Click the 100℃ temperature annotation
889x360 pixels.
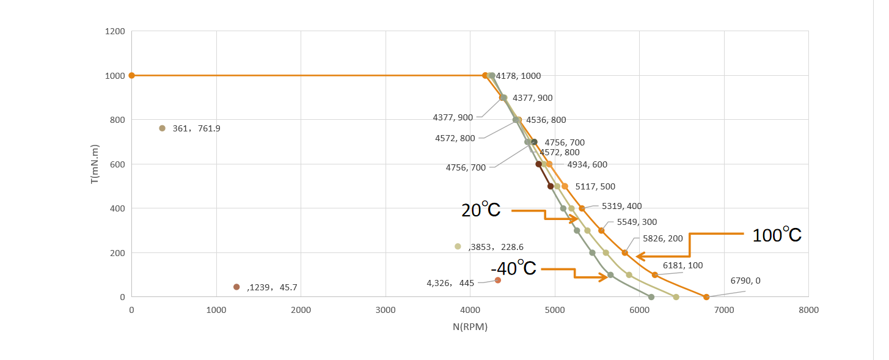pos(777,235)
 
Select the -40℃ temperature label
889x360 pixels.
pos(513,268)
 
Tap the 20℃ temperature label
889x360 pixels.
pos(481,210)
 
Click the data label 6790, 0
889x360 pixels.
pos(745,281)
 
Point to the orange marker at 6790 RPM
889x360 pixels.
pos(706,297)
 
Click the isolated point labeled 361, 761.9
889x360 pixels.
pos(162,128)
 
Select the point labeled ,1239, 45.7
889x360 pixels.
pos(236,287)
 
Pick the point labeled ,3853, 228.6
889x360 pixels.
pos(458,246)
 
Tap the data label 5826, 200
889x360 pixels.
pos(662,238)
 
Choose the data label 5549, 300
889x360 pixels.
pos(637,222)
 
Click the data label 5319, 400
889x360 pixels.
pos(621,206)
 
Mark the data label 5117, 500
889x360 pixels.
pos(595,186)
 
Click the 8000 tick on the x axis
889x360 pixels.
pos(808,310)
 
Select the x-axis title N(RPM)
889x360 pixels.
pos(470,327)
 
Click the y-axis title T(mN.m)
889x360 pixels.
pos(95,164)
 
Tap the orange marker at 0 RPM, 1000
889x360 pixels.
pos(131,75)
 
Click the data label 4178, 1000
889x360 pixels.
pos(518,76)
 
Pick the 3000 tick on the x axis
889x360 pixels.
pos(386,310)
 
